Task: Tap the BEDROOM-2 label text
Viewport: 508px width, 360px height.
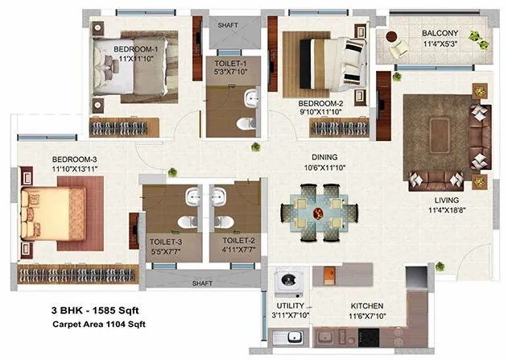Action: (x=320, y=104)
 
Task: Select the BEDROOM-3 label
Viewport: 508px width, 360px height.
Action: (x=52, y=159)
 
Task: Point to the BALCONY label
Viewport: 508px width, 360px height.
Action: (x=440, y=33)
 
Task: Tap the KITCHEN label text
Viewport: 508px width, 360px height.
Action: (x=366, y=306)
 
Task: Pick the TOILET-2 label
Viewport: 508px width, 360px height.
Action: (x=238, y=240)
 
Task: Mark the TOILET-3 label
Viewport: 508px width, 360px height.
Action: (x=164, y=240)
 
